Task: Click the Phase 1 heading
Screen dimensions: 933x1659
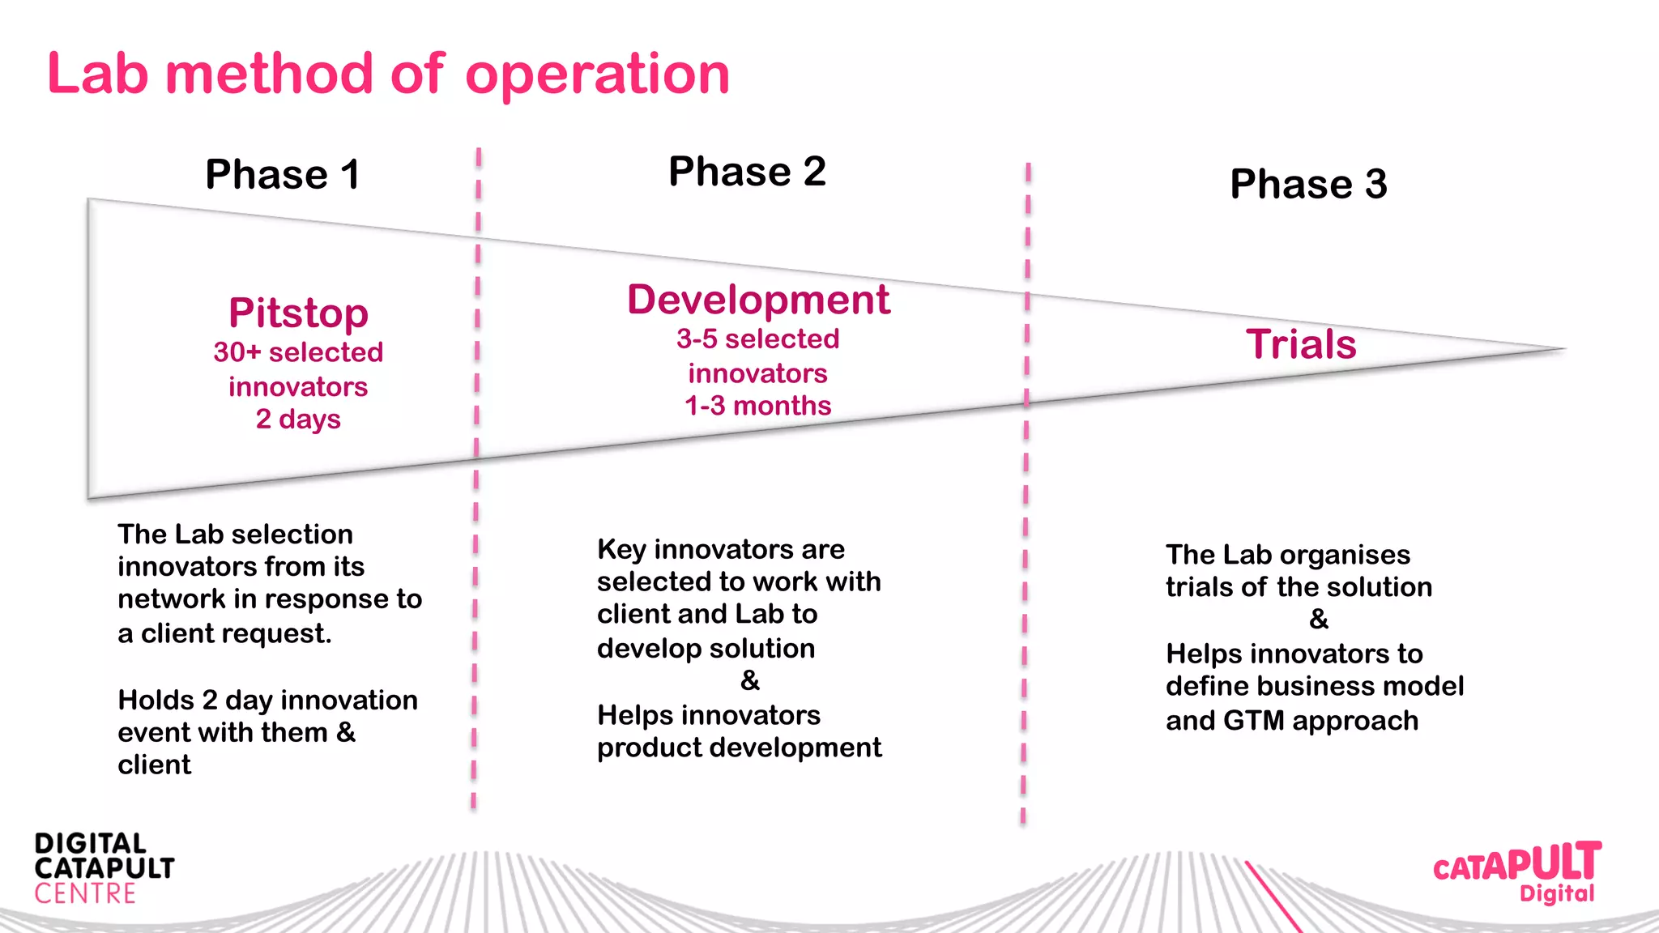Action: coord(282,174)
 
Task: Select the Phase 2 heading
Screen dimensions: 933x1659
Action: coord(746,172)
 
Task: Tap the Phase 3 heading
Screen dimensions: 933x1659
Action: coord(1307,184)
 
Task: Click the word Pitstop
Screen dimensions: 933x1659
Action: coord(298,313)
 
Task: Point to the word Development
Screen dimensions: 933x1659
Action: coord(758,300)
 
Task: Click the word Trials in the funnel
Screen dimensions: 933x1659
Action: coord(1301,344)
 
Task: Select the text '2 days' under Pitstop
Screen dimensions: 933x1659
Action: coord(298,420)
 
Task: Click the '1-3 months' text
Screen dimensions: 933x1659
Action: coord(757,406)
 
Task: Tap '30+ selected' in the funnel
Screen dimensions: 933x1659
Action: coord(298,352)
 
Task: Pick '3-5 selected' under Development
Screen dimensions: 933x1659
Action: coord(757,339)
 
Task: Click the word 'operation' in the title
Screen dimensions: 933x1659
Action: coord(597,75)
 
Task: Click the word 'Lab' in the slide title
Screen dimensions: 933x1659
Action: coord(98,75)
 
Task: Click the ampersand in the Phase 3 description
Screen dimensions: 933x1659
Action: coord(1318,620)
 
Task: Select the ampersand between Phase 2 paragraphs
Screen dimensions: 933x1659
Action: coord(749,680)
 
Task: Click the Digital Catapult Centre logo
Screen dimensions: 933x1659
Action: coord(104,868)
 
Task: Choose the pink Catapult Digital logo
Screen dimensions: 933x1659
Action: coord(1516,871)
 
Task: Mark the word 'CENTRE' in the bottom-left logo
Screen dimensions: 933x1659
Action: coord(85,894)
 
